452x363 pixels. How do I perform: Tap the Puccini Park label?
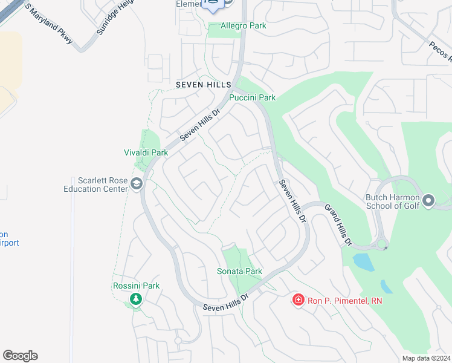tap(253, 97)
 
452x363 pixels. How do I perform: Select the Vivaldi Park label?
tap(146, 153)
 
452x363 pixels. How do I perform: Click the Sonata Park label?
tap(239, 271)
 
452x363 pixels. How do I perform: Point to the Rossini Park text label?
tap(136, 286)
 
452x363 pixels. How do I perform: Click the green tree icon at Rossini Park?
tap(136, 298)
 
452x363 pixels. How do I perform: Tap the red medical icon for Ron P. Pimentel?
tap(297, 300)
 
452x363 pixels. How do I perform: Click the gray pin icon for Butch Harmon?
tap(428, 200)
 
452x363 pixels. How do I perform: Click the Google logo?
tap(20, 356)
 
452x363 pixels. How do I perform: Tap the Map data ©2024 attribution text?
tap(426, 358)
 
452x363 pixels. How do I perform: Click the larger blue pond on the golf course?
tap(363, 261)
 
